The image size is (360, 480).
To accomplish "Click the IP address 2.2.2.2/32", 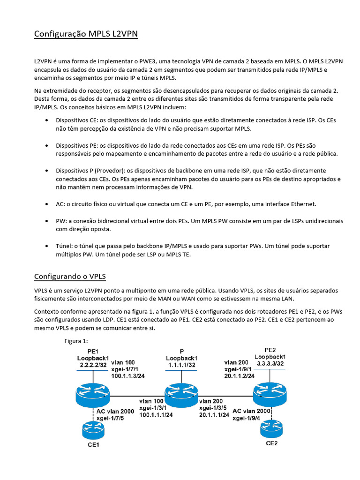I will tap(93, 364).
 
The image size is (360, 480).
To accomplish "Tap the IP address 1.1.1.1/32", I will tap(181, 364).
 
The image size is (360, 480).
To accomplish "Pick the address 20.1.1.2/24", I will tap(240, 375).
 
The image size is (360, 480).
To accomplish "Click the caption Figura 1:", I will tap(76, 341).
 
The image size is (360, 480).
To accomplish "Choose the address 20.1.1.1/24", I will tap(214, 415).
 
